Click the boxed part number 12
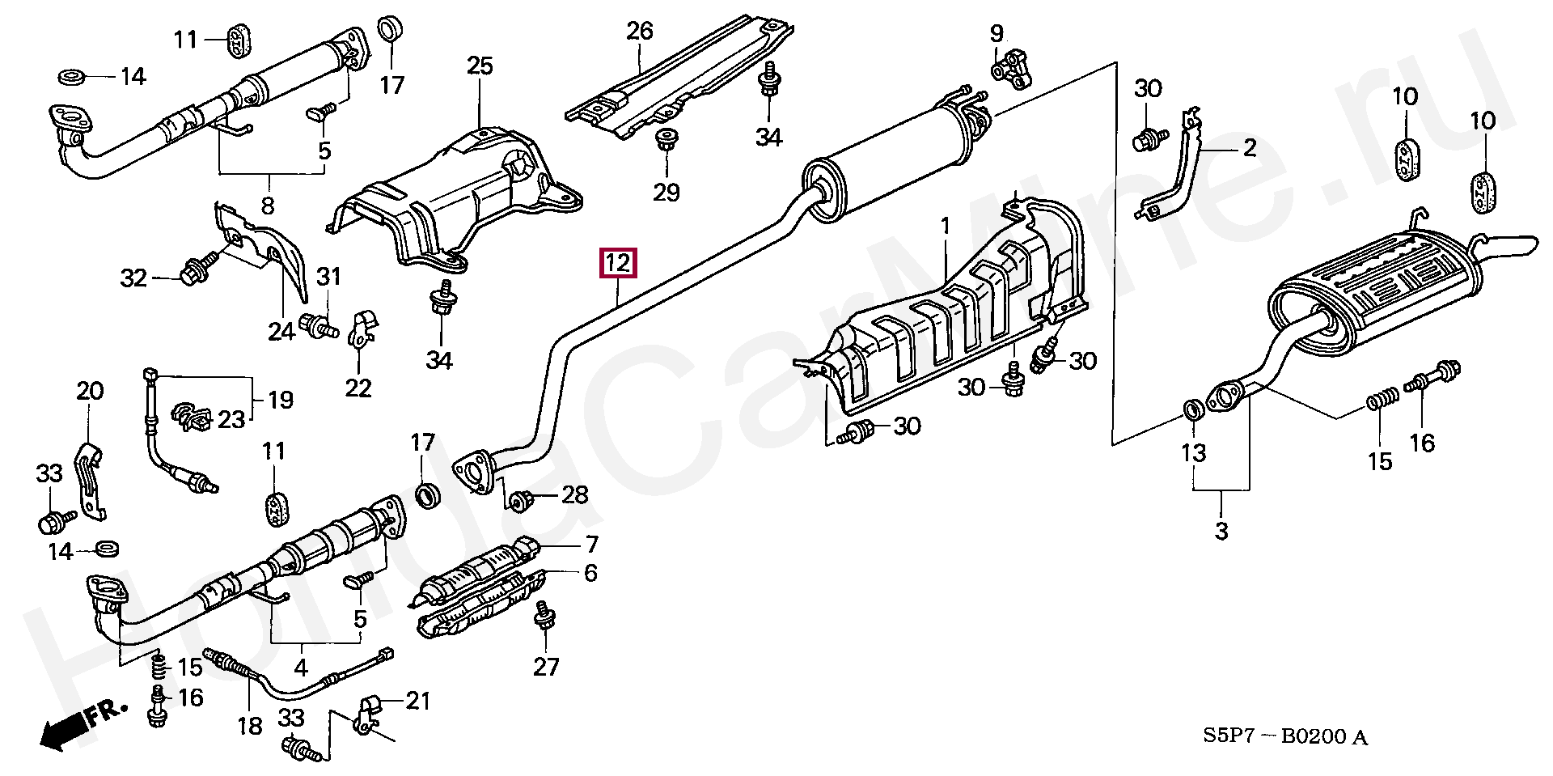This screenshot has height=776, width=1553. (617, 263)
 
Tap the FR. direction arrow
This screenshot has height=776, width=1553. (82, 724)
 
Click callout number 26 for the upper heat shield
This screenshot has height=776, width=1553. (639, 32)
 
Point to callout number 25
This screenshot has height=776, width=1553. (480, 66)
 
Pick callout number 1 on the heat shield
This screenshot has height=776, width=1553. (946, 226)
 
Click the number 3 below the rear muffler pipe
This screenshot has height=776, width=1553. (1221, 532)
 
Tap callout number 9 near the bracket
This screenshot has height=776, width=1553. (997, 33)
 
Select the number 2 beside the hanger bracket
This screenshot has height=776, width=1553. (1250, 148)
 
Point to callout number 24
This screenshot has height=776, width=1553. (281, 330)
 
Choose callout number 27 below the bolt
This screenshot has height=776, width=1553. (547, 667)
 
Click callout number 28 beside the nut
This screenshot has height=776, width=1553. (574, 494)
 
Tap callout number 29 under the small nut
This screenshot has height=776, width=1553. (667, 192)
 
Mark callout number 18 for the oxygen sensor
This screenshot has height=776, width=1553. (250, 725)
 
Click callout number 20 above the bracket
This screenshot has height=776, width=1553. (90, 392)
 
